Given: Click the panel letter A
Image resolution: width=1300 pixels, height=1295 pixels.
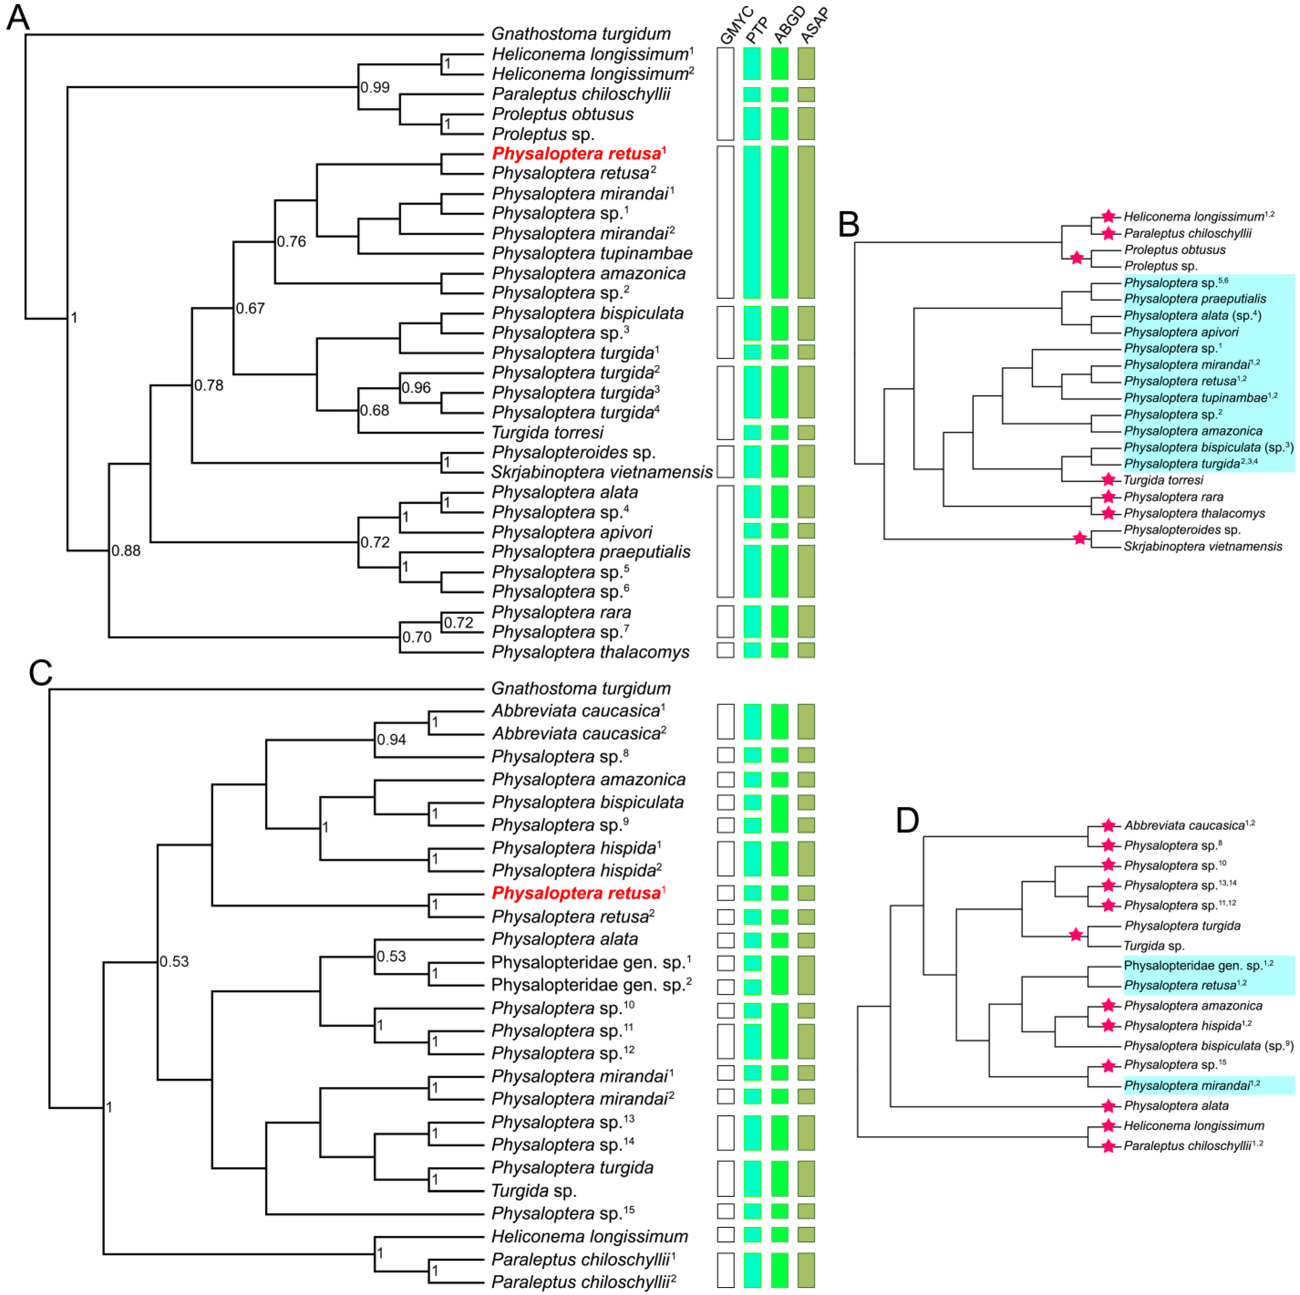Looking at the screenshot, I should [18, 18].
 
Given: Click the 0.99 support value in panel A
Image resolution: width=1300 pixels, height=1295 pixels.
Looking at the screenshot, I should [375, 88].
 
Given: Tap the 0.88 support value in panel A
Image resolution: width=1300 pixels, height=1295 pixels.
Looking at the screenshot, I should [126, 551].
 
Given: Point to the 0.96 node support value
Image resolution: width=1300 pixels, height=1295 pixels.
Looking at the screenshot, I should [416, 388].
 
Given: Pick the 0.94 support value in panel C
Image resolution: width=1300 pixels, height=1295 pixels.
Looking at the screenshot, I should [391, 740].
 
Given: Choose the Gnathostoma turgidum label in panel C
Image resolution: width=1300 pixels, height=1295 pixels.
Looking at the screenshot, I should [581, 689].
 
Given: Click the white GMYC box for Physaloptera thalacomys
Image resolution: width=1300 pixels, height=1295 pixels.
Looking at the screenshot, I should [725, 650].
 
